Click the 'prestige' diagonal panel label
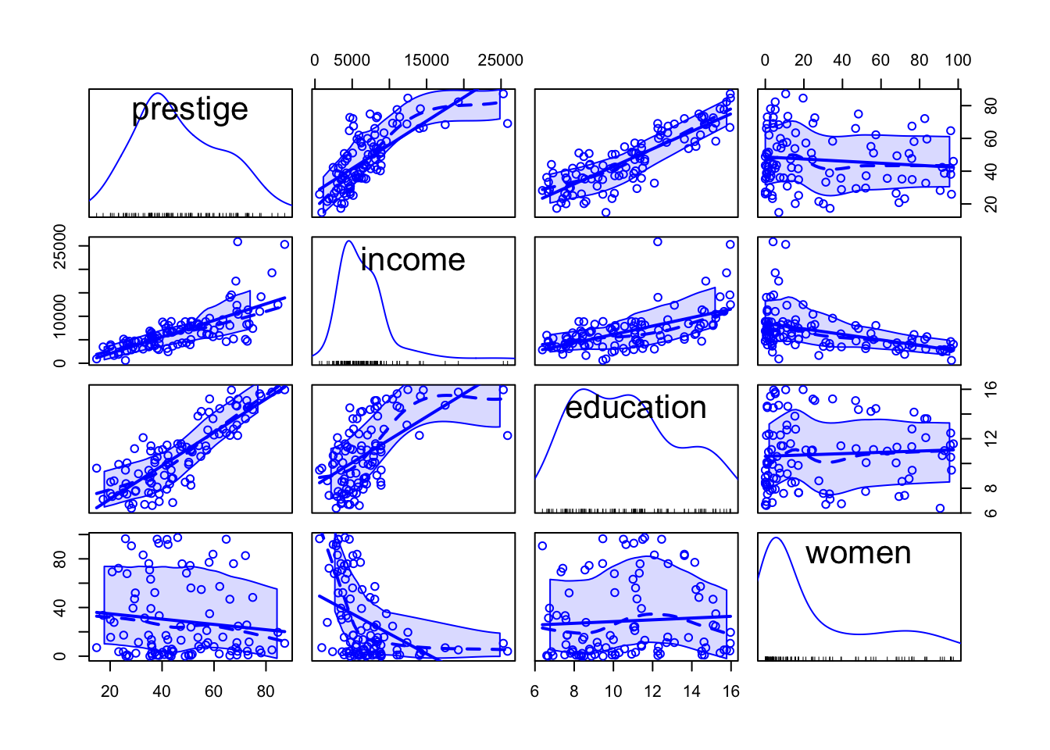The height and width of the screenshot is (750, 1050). tap(190, 109)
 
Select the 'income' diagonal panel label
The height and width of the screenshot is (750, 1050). tap(412, 260)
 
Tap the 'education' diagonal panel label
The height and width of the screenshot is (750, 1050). tap(635, 408)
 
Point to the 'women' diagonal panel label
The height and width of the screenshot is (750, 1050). tap(858, 553)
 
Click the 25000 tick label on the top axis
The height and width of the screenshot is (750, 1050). tap(500, 60)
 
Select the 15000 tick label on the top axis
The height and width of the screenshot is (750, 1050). tap(426, 60)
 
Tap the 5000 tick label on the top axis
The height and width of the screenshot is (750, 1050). tap(352, 60)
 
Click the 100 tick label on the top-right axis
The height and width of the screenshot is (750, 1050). tap(957, 60)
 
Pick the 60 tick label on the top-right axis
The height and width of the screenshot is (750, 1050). tap(880, 60)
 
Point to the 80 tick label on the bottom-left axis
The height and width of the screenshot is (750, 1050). tap(266, 691)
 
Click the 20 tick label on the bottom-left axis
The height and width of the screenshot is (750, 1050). tap(110, 691)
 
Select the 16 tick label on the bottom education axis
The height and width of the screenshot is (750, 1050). tap(730, 691)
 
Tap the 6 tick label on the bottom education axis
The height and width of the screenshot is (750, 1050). tap(535, 691)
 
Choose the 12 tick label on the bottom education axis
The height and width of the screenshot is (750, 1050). tap(652, 691)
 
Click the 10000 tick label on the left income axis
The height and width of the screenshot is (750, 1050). tap(59, 316)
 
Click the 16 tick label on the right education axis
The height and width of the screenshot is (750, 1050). tap(990, 389)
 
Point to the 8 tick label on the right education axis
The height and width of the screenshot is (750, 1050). tap(990, 489)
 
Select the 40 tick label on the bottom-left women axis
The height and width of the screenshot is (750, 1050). tap(59, 608)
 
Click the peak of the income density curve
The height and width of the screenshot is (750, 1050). tap(349, 241)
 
